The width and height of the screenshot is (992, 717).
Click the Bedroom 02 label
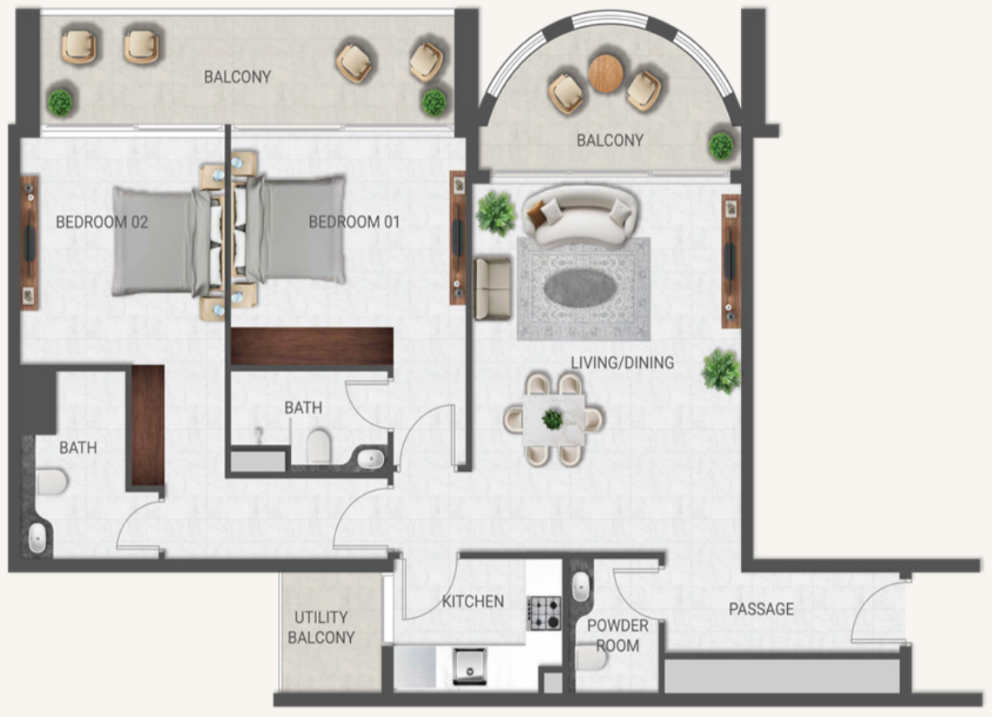click(x=102, y=222)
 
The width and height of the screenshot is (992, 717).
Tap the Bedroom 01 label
click(x=354, y=222)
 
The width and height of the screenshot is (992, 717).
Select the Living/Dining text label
click(x=623, y=362)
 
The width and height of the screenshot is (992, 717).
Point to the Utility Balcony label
click(x=321, y=627)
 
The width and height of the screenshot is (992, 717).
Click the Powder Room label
click(x=618, y=635)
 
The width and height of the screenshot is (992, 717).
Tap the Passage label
click(x=761, y=608)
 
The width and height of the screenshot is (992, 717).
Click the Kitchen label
click(x=473, y=601)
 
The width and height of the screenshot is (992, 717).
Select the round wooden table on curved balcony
click(x=606, y=73)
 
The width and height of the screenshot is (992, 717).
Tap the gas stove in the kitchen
click(x=544, y=614)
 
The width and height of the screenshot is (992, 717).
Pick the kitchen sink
click(x=470, y=666)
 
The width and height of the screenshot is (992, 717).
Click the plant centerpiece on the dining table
click(x=552, y=418)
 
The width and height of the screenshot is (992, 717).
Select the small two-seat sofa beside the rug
click(x=493, y=288)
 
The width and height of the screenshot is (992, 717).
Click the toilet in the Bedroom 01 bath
click(x=319, y=446)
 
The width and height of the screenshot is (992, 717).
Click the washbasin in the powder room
click(x=581, y=587)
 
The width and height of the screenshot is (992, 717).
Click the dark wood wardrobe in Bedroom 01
click(x=312, y=346)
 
